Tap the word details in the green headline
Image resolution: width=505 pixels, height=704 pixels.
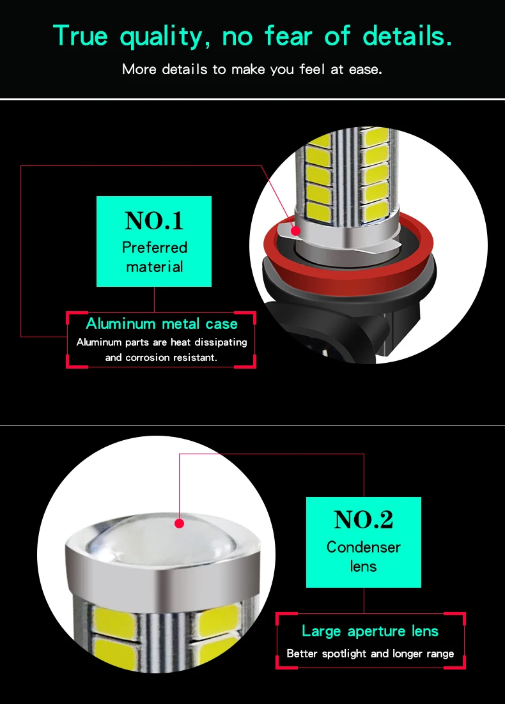coord(407,36)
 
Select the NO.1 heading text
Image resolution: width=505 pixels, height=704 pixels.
coord(154,221)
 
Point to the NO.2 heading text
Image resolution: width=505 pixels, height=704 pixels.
coord(363,521)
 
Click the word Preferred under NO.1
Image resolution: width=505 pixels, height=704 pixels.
coord(154,247)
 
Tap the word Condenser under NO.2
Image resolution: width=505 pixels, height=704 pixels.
coord(363,547)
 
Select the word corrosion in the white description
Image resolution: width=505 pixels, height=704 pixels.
coord(148,358)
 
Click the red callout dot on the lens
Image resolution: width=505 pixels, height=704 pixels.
coord(180,523)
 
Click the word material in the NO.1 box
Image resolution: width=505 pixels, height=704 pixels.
coord(154,267)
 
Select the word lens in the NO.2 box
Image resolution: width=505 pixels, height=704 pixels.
coord(363,567)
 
